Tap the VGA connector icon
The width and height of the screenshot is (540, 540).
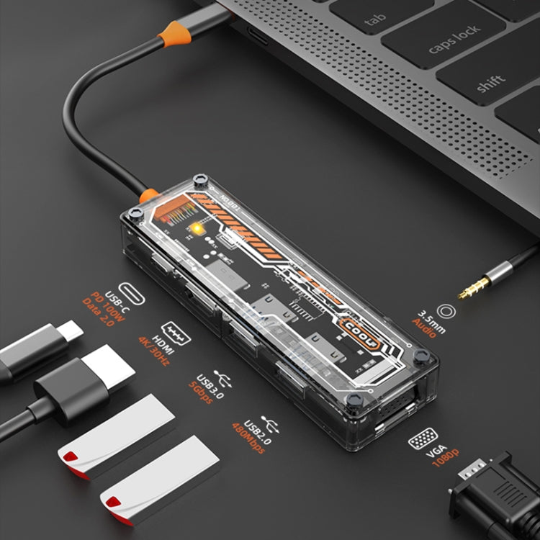click(421, 439)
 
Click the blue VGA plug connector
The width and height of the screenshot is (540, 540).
click(497, 497)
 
